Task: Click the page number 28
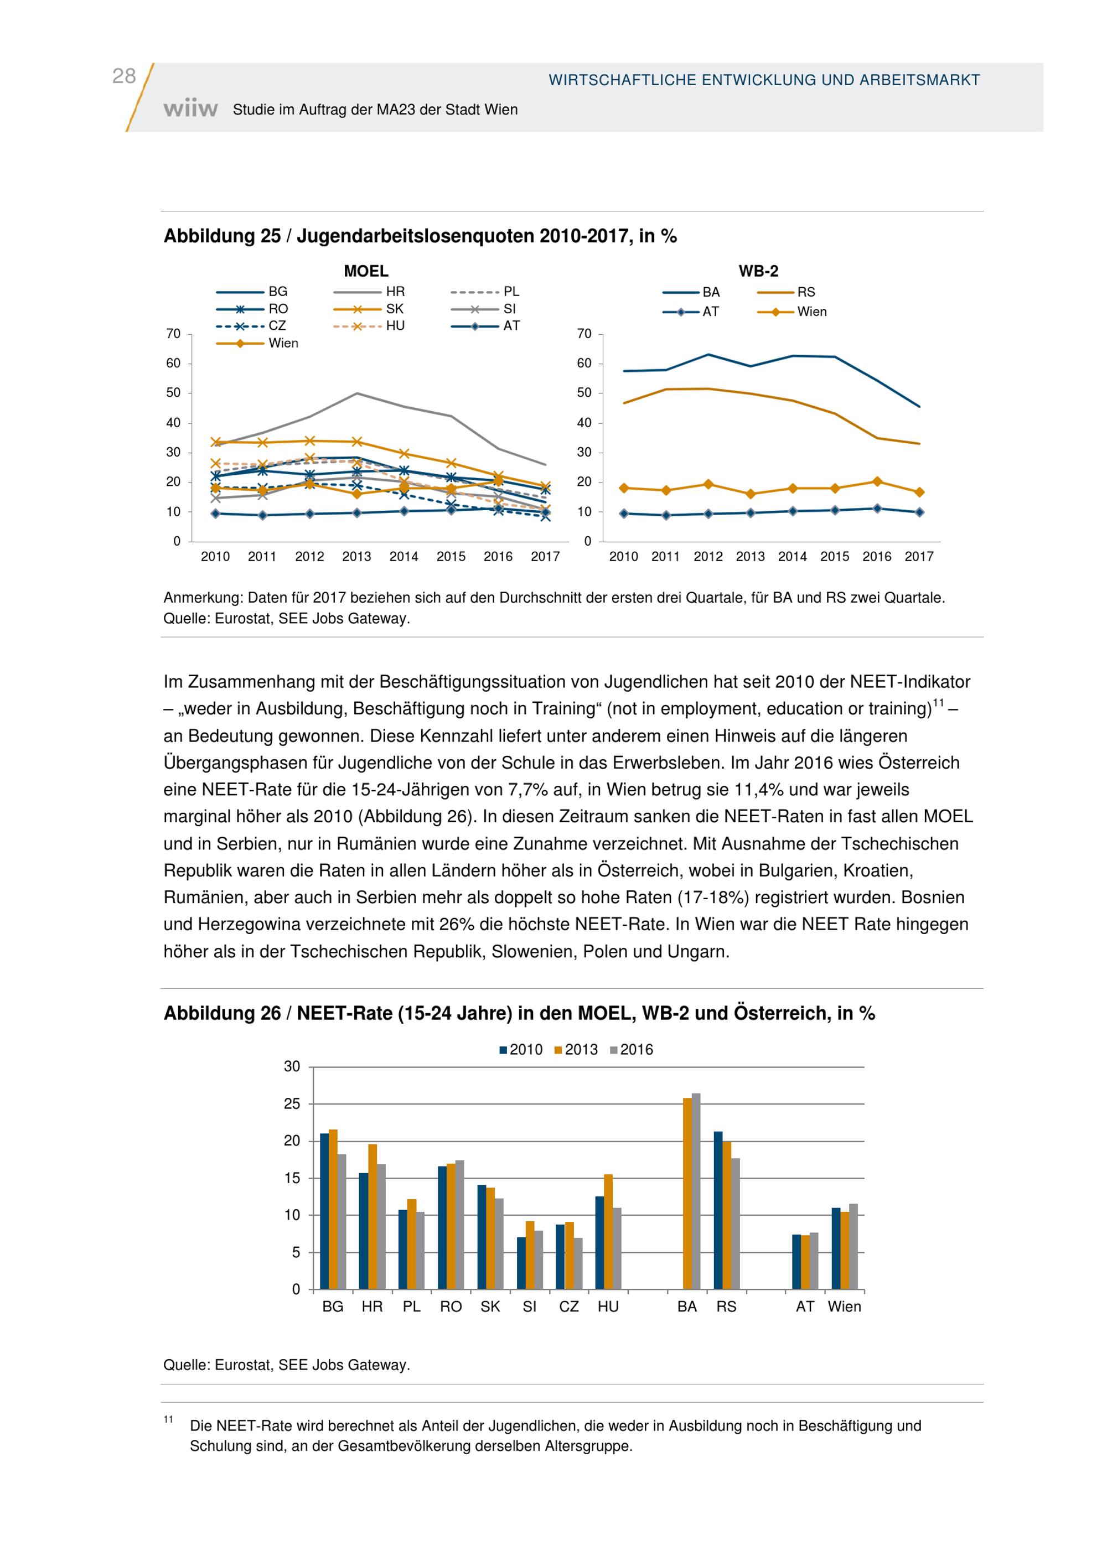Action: (x=123, y=76)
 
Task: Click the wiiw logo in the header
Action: (x=190, y=109)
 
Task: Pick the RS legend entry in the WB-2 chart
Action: (x=805, y=293)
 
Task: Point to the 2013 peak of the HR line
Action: (x=356, y=393)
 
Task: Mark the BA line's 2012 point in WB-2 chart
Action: (x=708, y=355)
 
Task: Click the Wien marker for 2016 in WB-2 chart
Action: (x=877, y=481)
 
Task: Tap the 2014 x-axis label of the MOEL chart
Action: (x=404, y=557)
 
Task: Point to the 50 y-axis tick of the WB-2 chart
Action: (x=584, y=393)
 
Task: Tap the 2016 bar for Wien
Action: (x=853, y=1246)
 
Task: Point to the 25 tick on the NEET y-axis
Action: (x=292, y=1103)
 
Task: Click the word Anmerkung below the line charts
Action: (x=202, y=598)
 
